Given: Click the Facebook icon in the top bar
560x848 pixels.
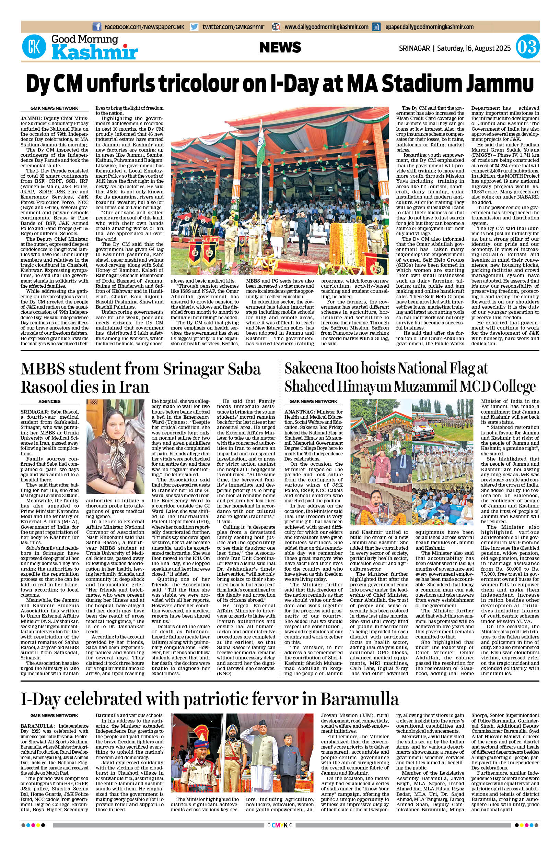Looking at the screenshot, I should pos(96,27).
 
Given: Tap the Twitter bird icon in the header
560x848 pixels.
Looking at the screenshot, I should pos(194,27).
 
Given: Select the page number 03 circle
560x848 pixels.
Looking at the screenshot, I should pos(527,47).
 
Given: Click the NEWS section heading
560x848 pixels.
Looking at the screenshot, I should pos(280,47).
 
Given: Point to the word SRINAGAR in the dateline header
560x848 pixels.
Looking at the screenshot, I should pos(414,48).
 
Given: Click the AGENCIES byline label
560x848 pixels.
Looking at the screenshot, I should pos(50,402).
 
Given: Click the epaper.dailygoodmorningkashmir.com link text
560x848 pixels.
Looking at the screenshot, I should pos(429,27).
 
